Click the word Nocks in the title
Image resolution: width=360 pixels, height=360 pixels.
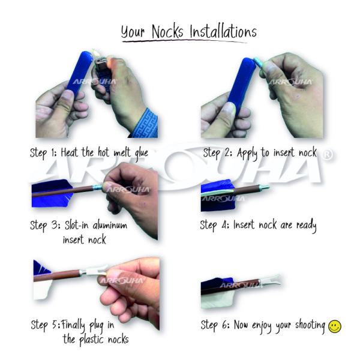pyautogui.click(x=167, y=31)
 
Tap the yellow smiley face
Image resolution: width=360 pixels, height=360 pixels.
pyautogui.click(x=335, y=326)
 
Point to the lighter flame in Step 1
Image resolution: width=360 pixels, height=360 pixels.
pyautogui.click(x=97, y=54)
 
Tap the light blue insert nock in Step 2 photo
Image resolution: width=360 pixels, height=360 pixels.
pyautogui.click(x=259, y=62)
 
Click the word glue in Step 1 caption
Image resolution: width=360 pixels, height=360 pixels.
pyautogui.click(x=142, y=153)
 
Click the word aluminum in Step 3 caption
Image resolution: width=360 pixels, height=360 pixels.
pyautogui.click(x=110, y=224)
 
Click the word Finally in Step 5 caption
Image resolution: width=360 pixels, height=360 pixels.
pyautogui.click(x=73, y=325)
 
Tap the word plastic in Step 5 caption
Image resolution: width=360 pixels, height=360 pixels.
pyautogui.click(x=91, y=340)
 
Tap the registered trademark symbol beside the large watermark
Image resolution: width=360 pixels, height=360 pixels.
pyautogui.click(x=328, y=155)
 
